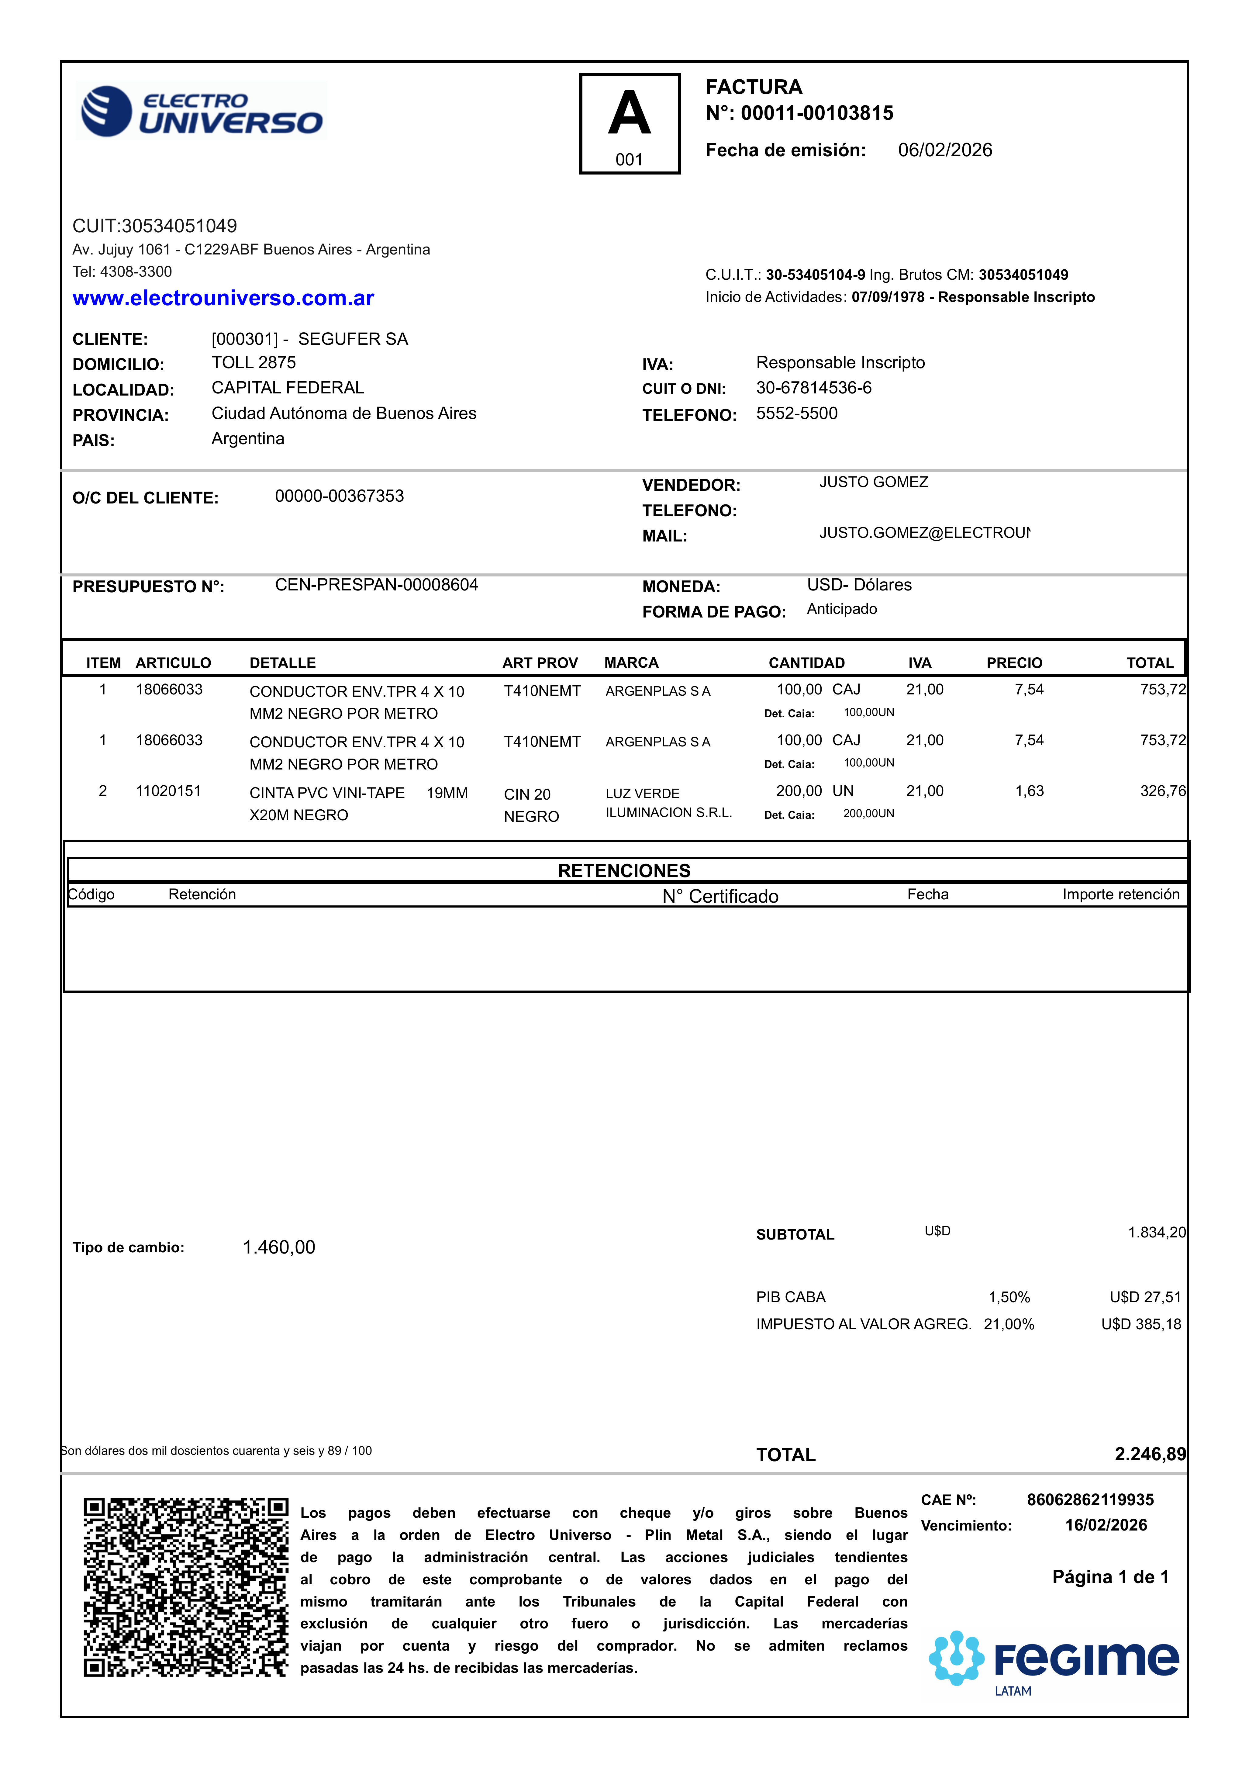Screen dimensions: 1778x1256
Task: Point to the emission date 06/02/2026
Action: tap(945, 150)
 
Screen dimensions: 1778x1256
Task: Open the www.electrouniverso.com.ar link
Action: tap(223, 298)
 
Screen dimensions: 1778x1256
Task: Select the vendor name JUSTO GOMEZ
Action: tap(874, 483)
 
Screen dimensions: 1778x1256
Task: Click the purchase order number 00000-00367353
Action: tap(339, 496)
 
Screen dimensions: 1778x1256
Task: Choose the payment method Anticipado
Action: tap(842, 610)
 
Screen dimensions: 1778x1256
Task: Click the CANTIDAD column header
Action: tap(806, 663)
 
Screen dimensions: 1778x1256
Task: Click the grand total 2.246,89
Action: tap(1150, 1454)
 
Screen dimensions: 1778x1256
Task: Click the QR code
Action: tap(186, 1587)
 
